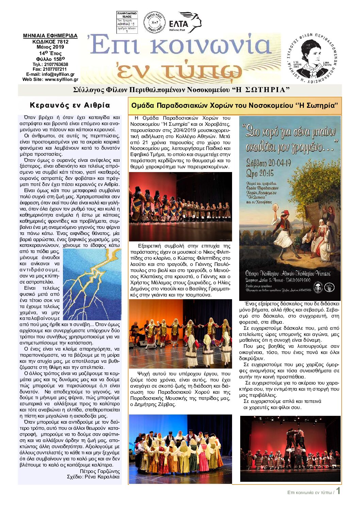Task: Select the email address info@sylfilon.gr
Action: (x=58, y=74)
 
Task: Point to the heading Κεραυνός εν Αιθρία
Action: (x=70, y=105)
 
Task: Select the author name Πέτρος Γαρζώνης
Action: (x=100, y=471)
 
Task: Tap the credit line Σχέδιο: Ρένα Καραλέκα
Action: (x=93, y=477)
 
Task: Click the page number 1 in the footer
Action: (x=338, y=491)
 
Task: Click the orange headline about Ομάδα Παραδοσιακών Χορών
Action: (x=235, y=105)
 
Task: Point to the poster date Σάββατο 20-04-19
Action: (x=269, y=163)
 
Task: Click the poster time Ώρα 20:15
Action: (x=260, y=173)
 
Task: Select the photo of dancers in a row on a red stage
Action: (x=180, y=206)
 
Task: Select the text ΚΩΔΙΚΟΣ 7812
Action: (x=50, y=41)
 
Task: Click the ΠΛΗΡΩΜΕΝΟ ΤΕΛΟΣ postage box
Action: (x=127, y=22)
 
